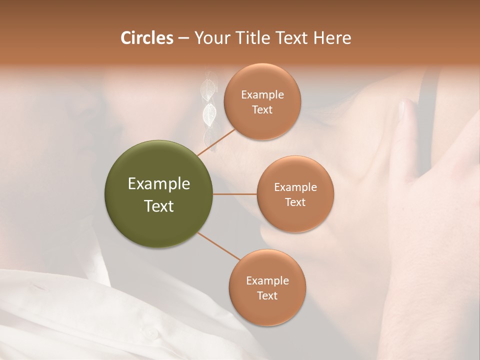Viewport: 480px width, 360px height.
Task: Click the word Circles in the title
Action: pyautogui.click(x=146, y=37)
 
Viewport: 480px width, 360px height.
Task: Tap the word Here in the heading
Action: pyautogui.click(x=332, y=37)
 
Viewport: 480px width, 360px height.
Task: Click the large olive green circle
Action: pyautogui.click(x=158, y=194)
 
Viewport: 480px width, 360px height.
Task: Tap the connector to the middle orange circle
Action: pyautogui.click(x=234, y=194)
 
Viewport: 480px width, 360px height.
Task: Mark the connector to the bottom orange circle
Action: pyautogui.click(x=218, y=246)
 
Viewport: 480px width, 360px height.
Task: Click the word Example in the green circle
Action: pyautogui.click(x=158, y=184)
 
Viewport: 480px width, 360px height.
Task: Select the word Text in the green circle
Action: pyautogui.click(x=158, y=206)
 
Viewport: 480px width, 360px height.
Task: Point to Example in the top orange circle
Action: pyautogui.click(x=262, y=94)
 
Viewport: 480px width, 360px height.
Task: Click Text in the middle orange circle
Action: pyautogui.click(x=295, y=202)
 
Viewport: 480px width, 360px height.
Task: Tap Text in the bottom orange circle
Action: pyautogui.click(x=267, y=295)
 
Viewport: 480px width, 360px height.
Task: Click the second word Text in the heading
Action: pyautogui.click(x=292, y=37)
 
